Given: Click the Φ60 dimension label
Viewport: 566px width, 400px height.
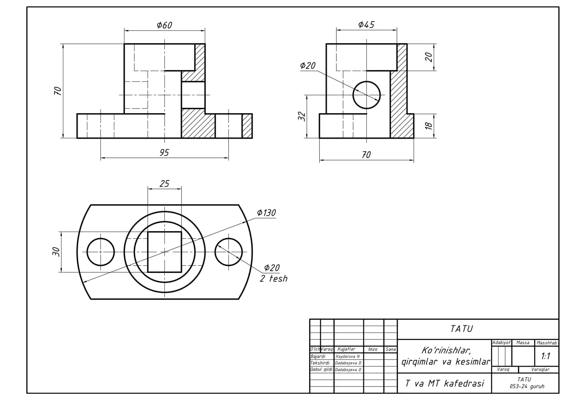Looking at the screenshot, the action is click(164, 25).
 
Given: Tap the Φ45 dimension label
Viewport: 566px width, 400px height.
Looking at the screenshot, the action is click(366, 24).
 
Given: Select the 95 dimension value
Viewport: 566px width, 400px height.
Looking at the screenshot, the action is click(164, 153).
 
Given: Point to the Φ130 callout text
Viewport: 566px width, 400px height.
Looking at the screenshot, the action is click(266, 213).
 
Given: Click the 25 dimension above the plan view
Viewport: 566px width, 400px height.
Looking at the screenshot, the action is click(164, 184).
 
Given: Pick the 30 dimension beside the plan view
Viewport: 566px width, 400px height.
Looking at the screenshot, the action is click(56, 252).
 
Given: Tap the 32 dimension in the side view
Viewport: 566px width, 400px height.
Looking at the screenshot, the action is click(302, 116).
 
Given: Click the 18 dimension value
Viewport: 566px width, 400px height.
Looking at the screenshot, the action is click(429, 126).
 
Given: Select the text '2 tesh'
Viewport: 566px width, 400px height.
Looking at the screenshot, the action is click(274, 278).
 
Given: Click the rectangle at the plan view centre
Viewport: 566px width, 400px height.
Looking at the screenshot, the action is click(148, 252).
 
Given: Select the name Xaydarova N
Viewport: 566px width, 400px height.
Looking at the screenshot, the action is click(347, 356).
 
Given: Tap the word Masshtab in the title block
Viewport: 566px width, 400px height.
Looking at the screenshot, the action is click(547, 343).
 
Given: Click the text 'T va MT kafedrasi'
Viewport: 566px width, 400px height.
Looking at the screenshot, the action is click(444, 383).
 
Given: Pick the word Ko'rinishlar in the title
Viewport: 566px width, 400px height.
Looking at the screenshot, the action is click(446, 350).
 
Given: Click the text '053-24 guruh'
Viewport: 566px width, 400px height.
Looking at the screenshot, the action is click(527, 386).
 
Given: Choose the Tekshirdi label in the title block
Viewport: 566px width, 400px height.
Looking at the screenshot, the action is click(320, 363).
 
